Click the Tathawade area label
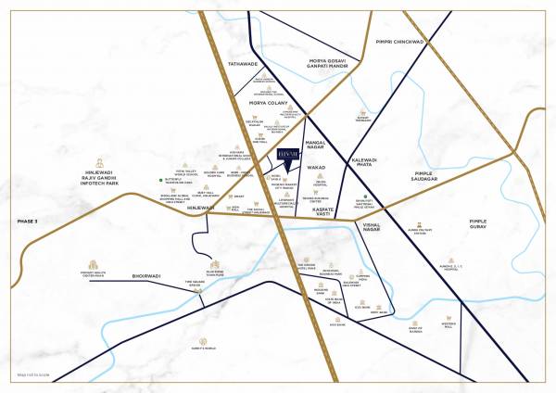[244, 64]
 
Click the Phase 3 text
[31, 222]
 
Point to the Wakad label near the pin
[317, 168]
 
